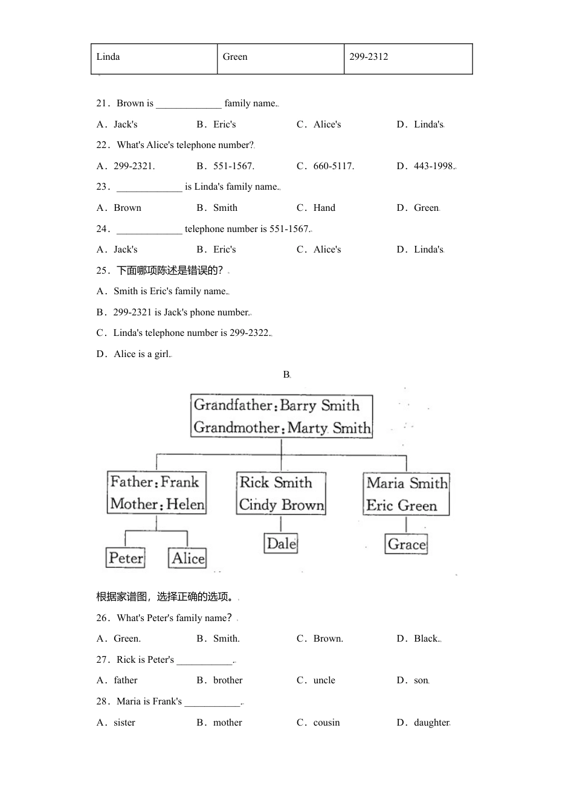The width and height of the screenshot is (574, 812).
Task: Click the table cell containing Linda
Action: [x=153, y=59]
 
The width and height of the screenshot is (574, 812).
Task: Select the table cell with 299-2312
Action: [x=408, y=59]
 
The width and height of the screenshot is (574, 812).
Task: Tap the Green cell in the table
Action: [x=280, y=59]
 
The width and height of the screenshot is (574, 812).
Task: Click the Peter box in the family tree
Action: [x=126, y=558]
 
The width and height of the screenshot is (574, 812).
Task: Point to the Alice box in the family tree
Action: [x=187, y=558]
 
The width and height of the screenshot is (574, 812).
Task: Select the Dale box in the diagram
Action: [x=281, y=543]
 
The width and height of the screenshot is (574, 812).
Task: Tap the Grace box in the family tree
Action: [x=406, y=544]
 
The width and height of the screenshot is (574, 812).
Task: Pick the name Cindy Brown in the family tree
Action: [x=281, y=504]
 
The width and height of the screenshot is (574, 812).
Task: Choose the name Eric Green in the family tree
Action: [x=401, y=505]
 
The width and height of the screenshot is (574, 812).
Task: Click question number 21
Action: [x=102, y=103]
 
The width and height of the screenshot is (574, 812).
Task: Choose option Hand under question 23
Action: [x=324, y=208]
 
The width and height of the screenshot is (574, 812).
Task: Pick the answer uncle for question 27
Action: [x=324, y=680]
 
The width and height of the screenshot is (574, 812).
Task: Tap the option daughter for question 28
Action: [x=431, y=723]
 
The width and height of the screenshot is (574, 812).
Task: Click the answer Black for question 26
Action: [x=425, y=639]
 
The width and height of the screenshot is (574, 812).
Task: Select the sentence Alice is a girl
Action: [x=142, y=354]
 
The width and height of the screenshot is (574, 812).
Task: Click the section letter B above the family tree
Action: [x=286, y=375]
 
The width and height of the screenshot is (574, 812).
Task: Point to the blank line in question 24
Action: [x=149, y=230]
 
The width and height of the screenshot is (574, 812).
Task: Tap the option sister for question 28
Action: [x=124, y=723]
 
